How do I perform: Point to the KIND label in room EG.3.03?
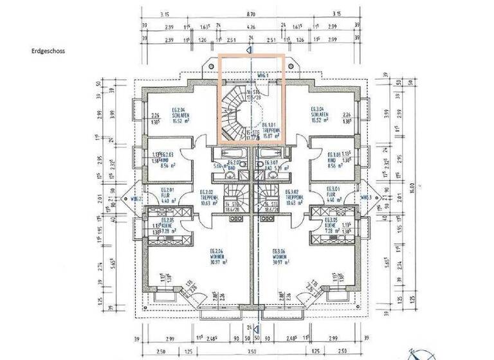click(x=333, y=159)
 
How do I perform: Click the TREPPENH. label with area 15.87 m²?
click(x=271, y=130)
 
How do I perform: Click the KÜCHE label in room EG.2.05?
click(x=166, y=225)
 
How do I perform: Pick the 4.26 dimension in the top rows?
click(x=252, y=28)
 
